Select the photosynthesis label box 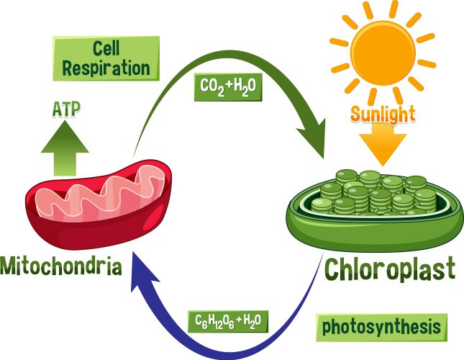tap(381, 327)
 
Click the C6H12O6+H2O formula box tap(227, 320)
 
